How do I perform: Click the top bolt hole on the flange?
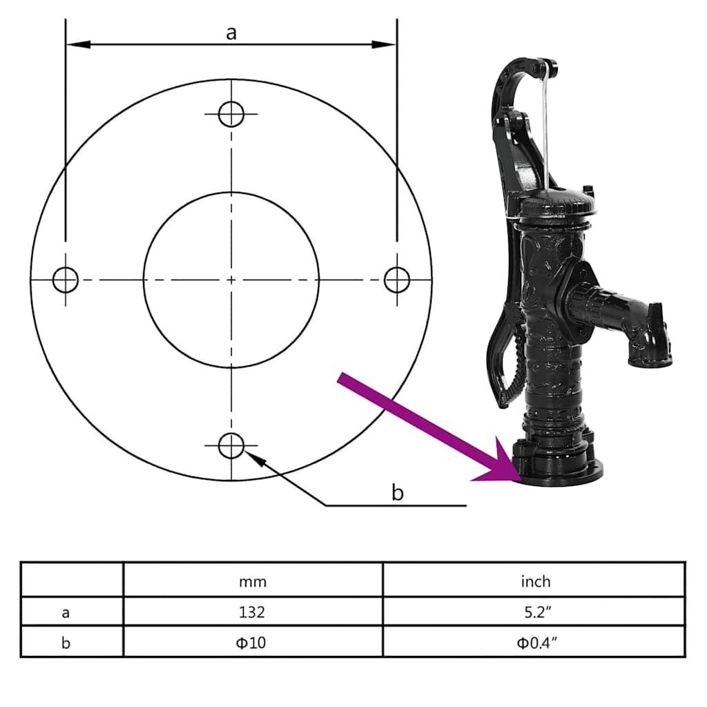231,114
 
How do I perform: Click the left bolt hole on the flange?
66,280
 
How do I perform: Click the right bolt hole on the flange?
396,280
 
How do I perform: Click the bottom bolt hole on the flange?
231,446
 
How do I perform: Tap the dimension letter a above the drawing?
231,32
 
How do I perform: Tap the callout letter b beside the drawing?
397,492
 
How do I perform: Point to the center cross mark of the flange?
231,280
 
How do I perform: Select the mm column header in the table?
253,581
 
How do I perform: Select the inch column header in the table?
535,581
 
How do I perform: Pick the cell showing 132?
253,612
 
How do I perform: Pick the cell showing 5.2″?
535,612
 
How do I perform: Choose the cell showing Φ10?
253,643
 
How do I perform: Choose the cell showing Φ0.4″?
535,643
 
